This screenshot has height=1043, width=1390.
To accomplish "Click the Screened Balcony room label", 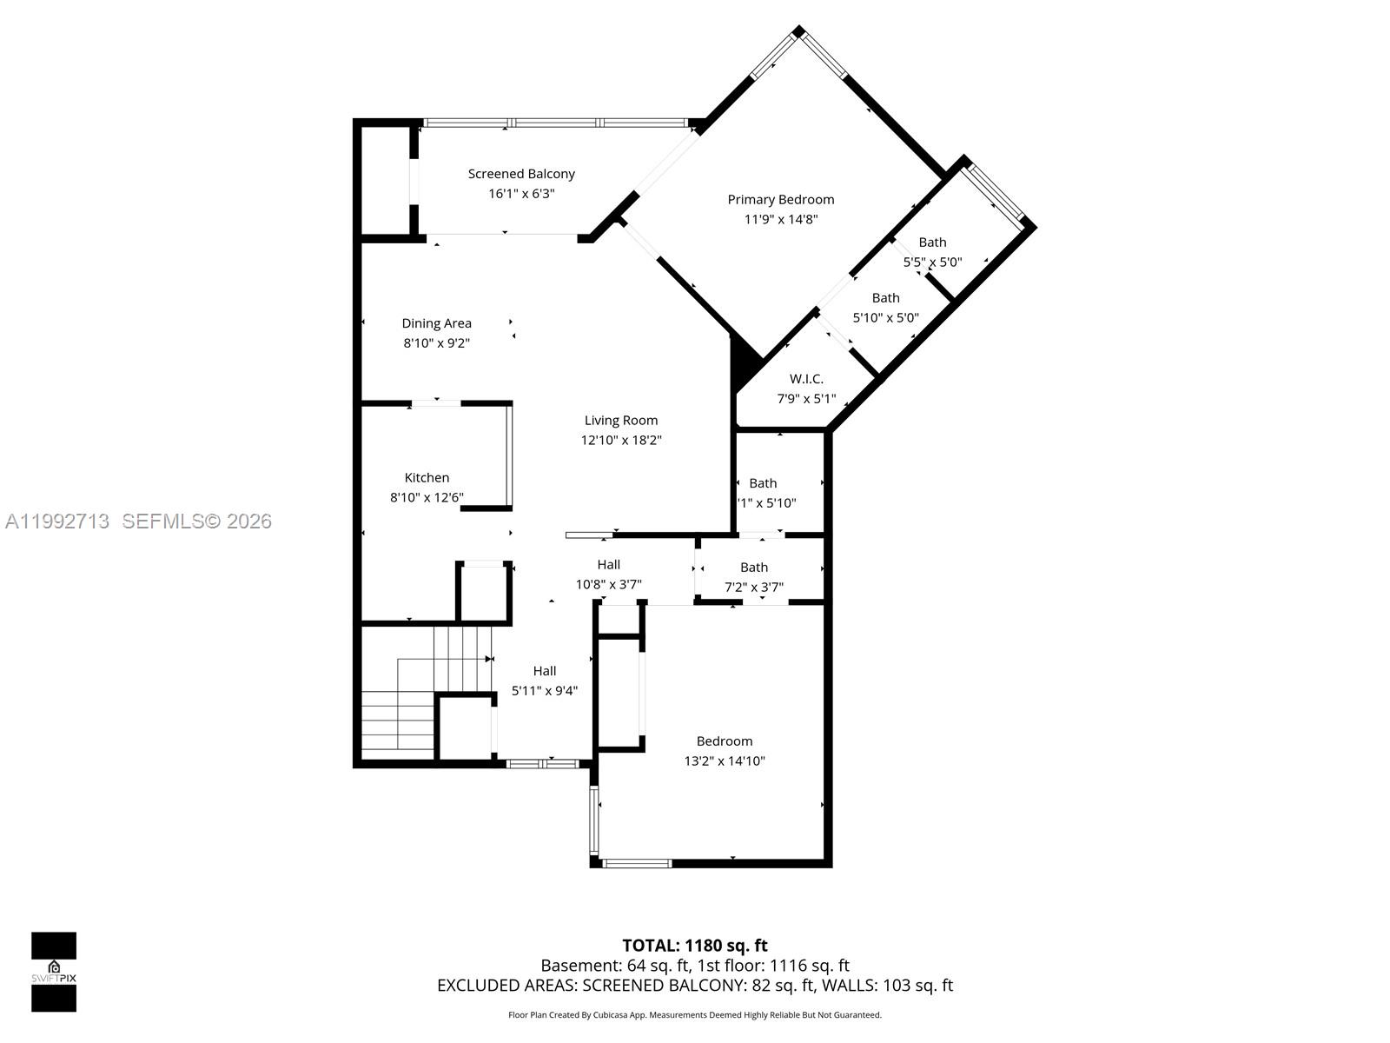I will pyautogui.click(x=521, y=174).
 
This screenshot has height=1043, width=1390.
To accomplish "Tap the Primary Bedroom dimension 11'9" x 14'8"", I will pyautogui.click(x=781, y=220).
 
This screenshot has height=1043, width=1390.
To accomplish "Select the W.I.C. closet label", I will pyautogui.click(x=806, y=379).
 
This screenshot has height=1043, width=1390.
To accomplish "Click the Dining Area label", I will pyautogui.click(x=436, y=323).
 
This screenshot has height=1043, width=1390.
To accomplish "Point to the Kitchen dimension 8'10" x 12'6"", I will pyautogui.click(x=427, y=498).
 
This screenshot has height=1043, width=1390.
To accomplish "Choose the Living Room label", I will pyautogui.click(x=621, y=421).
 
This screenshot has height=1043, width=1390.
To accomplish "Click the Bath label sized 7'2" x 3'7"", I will pyautogui.click(x=754, y=568).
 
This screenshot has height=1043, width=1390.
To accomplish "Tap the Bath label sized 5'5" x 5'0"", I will pyautogui.click(x=932, y=242).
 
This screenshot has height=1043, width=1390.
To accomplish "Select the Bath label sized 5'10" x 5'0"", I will pyautogui.click(x=885, y=298).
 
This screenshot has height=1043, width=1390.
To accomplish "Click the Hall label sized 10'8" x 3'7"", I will pyautogui.click(x=609, y=565).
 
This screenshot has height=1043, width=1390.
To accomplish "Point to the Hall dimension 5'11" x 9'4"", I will pyautogui.click(x=545, y=691).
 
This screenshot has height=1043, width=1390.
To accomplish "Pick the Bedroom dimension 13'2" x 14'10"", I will pyautogui.click(x=725, y=761).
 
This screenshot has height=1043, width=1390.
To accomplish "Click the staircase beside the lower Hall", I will pyautogui.click(x=426, y=695).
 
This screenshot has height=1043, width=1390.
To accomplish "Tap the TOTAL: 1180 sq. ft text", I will pyautogui.click(x=695, y=946).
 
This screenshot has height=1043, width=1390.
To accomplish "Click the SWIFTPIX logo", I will pyautogui.click(x=54, y=972).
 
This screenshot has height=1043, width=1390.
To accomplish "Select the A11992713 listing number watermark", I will pyautogui.click(x=57, y=521).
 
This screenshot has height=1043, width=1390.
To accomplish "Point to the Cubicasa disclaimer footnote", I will pyautogui.click(x=695, y=1015).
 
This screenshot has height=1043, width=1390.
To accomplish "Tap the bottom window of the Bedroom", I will pyautogui.click(x=637, y=863).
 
